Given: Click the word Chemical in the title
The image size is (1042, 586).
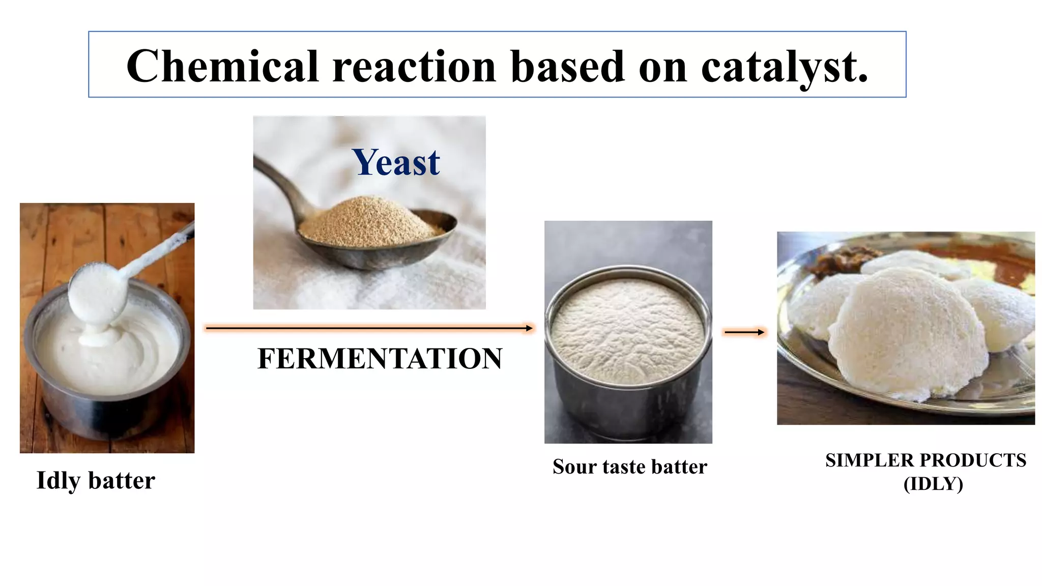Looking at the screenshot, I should click(222, 66).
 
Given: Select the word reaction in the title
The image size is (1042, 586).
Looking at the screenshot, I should click(414, 66).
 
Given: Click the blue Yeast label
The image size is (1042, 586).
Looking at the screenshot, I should click(396, 163).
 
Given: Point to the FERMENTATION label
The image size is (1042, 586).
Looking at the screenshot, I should click(380, 359).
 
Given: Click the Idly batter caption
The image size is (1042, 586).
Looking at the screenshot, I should click(96, 480).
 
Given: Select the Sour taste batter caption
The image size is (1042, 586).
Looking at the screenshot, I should click(629, 466).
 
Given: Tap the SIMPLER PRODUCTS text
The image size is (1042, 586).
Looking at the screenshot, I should click(925, 460).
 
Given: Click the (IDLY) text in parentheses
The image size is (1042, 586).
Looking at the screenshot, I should click(933, 483).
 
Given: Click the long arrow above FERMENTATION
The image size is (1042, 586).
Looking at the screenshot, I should click(369, 329).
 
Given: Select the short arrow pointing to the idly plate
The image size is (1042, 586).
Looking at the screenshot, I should click(744, 332).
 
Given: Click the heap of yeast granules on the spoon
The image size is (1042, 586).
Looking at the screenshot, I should click(369, 221).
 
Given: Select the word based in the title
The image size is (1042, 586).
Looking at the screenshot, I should click(567, 66).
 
